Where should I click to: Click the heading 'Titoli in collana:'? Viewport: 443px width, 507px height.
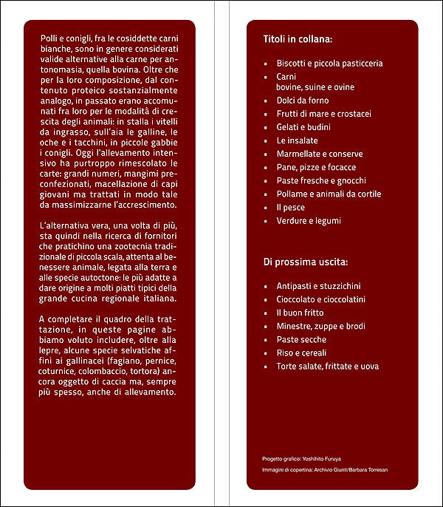pos(298,38)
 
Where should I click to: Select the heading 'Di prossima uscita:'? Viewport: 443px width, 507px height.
pos(306,262)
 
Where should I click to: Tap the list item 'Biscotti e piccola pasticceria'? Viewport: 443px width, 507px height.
pos(329,64)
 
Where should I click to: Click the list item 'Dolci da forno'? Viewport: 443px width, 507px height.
pos(303,101)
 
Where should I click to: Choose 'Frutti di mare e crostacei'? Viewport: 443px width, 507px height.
pos(323,114)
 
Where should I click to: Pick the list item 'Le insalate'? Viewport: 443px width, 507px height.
pos(298,140)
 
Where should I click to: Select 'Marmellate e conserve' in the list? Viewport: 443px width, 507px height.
pos(320,154)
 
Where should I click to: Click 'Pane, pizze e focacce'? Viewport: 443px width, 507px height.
pos(317,167)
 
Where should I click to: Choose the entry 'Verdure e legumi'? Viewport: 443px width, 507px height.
pos(309,221)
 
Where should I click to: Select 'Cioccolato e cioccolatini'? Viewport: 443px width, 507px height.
pos(321,299)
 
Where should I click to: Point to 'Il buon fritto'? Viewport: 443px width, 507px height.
pos(300,313)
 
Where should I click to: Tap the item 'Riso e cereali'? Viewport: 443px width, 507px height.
pos(301,353)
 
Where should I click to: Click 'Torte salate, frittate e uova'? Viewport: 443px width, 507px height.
pos(327,366)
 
